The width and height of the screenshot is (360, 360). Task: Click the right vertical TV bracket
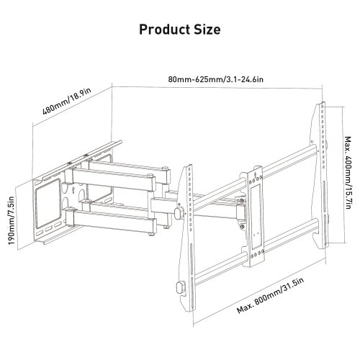pos(318,166)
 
